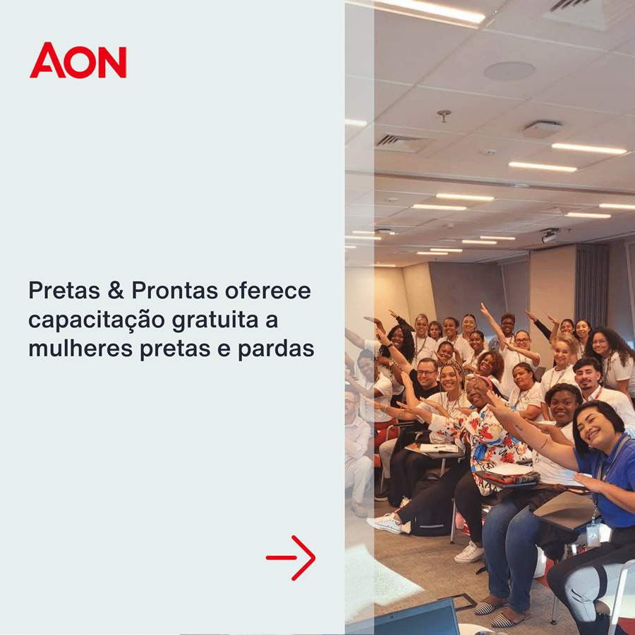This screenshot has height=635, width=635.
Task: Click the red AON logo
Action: pos(78,61)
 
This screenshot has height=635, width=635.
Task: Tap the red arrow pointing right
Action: pos(291,557)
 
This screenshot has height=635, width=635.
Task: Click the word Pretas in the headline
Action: pos(64,290)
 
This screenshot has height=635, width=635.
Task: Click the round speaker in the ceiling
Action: pos(509,71)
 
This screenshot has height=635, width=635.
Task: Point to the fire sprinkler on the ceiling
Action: pos(444,114)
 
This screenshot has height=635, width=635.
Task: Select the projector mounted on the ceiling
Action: pos(550,236)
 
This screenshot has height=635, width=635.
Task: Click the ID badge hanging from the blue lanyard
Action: pos(593,533)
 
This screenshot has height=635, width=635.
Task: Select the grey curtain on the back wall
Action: pos(591,286)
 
